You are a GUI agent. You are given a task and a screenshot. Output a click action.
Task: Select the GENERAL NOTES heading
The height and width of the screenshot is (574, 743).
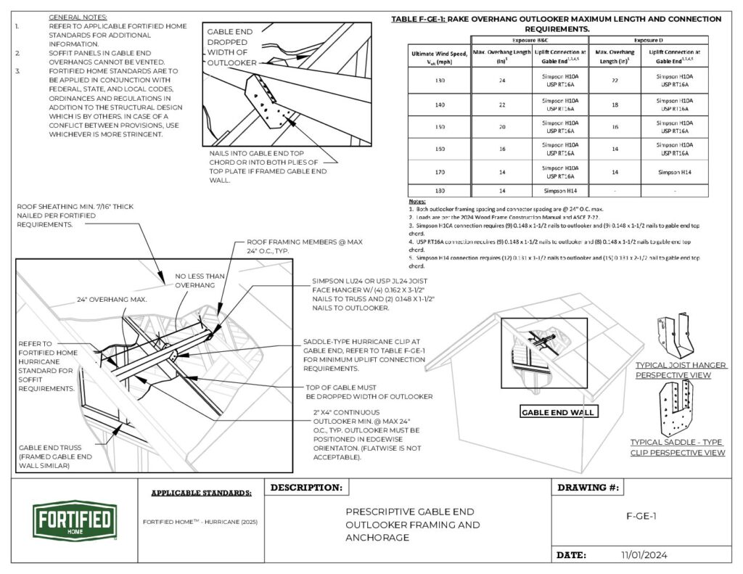pos(78,16)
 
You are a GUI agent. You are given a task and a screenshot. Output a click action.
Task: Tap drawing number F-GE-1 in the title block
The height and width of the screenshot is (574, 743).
pos(641,516)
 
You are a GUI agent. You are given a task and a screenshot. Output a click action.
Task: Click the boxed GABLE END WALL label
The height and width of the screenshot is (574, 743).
pos(557,412)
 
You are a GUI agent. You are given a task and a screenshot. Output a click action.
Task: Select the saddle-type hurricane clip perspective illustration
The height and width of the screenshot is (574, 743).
pos(677,409)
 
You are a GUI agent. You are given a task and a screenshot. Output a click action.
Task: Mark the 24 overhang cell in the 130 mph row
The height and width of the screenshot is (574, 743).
pos(501,80)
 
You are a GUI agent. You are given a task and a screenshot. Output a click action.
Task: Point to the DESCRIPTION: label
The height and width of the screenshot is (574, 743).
pos(306,487)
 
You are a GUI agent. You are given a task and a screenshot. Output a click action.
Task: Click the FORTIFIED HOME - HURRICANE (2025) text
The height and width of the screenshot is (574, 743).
pos(200,522)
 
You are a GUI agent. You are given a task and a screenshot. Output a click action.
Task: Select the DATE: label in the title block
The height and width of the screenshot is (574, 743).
pos(571,555)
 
